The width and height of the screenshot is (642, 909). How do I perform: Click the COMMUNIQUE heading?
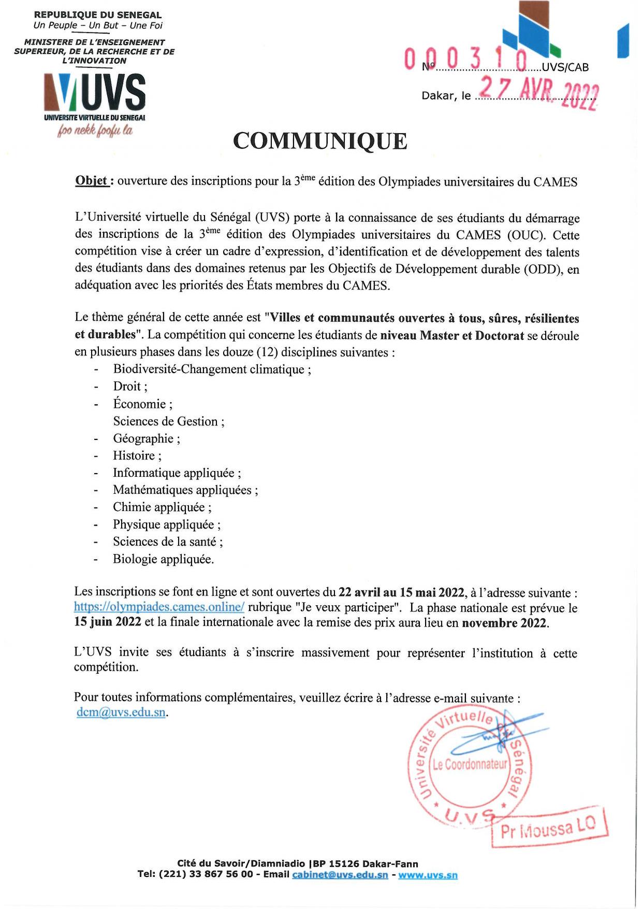coord(320,141)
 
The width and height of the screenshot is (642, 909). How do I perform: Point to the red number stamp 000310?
coord(466,60)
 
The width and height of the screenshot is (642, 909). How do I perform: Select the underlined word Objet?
coord(92,181)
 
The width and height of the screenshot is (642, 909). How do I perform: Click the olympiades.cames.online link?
coord(159,607)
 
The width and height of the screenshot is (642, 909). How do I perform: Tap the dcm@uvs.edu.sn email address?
coord(121,712)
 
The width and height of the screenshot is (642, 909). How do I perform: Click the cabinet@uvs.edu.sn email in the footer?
coord(340,875)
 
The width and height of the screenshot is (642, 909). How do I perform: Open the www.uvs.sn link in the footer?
coord(428,875)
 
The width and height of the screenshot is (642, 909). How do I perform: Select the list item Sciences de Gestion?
coord(169,421)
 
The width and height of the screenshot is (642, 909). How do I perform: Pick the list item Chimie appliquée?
coord(162,507)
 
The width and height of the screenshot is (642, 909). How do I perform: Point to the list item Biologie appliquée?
coord(163,559)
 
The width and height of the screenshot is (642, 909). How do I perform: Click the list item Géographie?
coord(147,438)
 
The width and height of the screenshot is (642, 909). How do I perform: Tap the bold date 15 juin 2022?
coord(107,622)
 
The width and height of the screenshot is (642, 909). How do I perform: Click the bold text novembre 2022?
coord(505,623)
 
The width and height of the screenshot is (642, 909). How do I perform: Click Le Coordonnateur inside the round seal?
coord(470,764)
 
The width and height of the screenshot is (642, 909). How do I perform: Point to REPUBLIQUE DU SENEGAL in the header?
coord(98,15)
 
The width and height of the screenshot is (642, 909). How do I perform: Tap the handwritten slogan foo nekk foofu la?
coord(95,130)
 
